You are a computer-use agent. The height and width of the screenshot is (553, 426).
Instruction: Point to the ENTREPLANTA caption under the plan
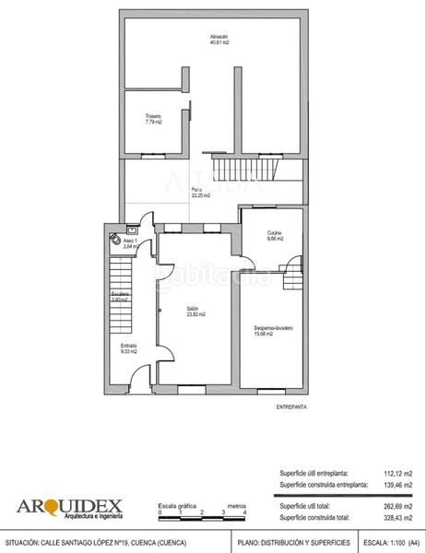291,406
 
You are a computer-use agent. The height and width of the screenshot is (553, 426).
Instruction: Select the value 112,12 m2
396,473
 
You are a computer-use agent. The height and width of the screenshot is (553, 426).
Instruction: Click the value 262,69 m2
396,505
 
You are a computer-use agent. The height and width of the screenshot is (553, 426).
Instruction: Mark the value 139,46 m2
396,484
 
